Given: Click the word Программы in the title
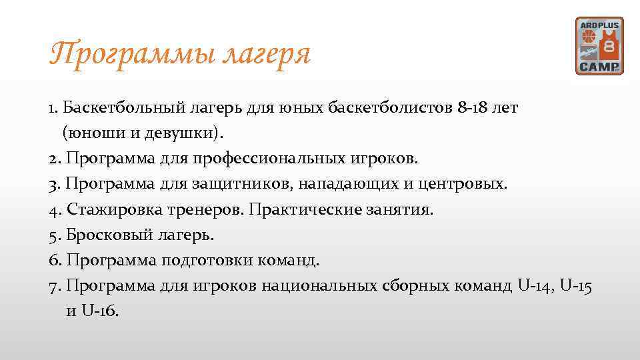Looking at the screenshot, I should point(134,54).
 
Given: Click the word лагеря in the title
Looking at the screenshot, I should point(269,55).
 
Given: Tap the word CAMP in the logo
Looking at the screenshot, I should point(599,67).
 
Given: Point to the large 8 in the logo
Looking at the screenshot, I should point(609,48).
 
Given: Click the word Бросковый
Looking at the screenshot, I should point(109,235).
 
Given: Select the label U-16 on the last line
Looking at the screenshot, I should point(99,311).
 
